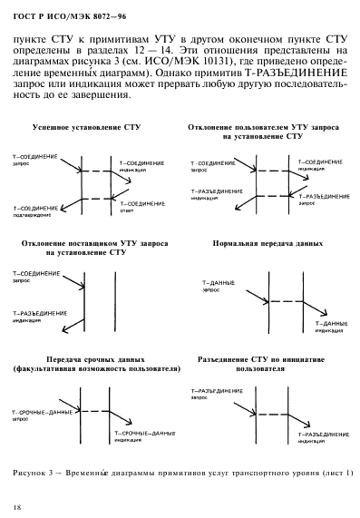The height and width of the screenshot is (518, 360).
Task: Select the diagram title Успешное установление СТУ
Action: [85, 129]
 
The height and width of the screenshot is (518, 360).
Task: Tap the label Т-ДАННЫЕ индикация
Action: [331, 327]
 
